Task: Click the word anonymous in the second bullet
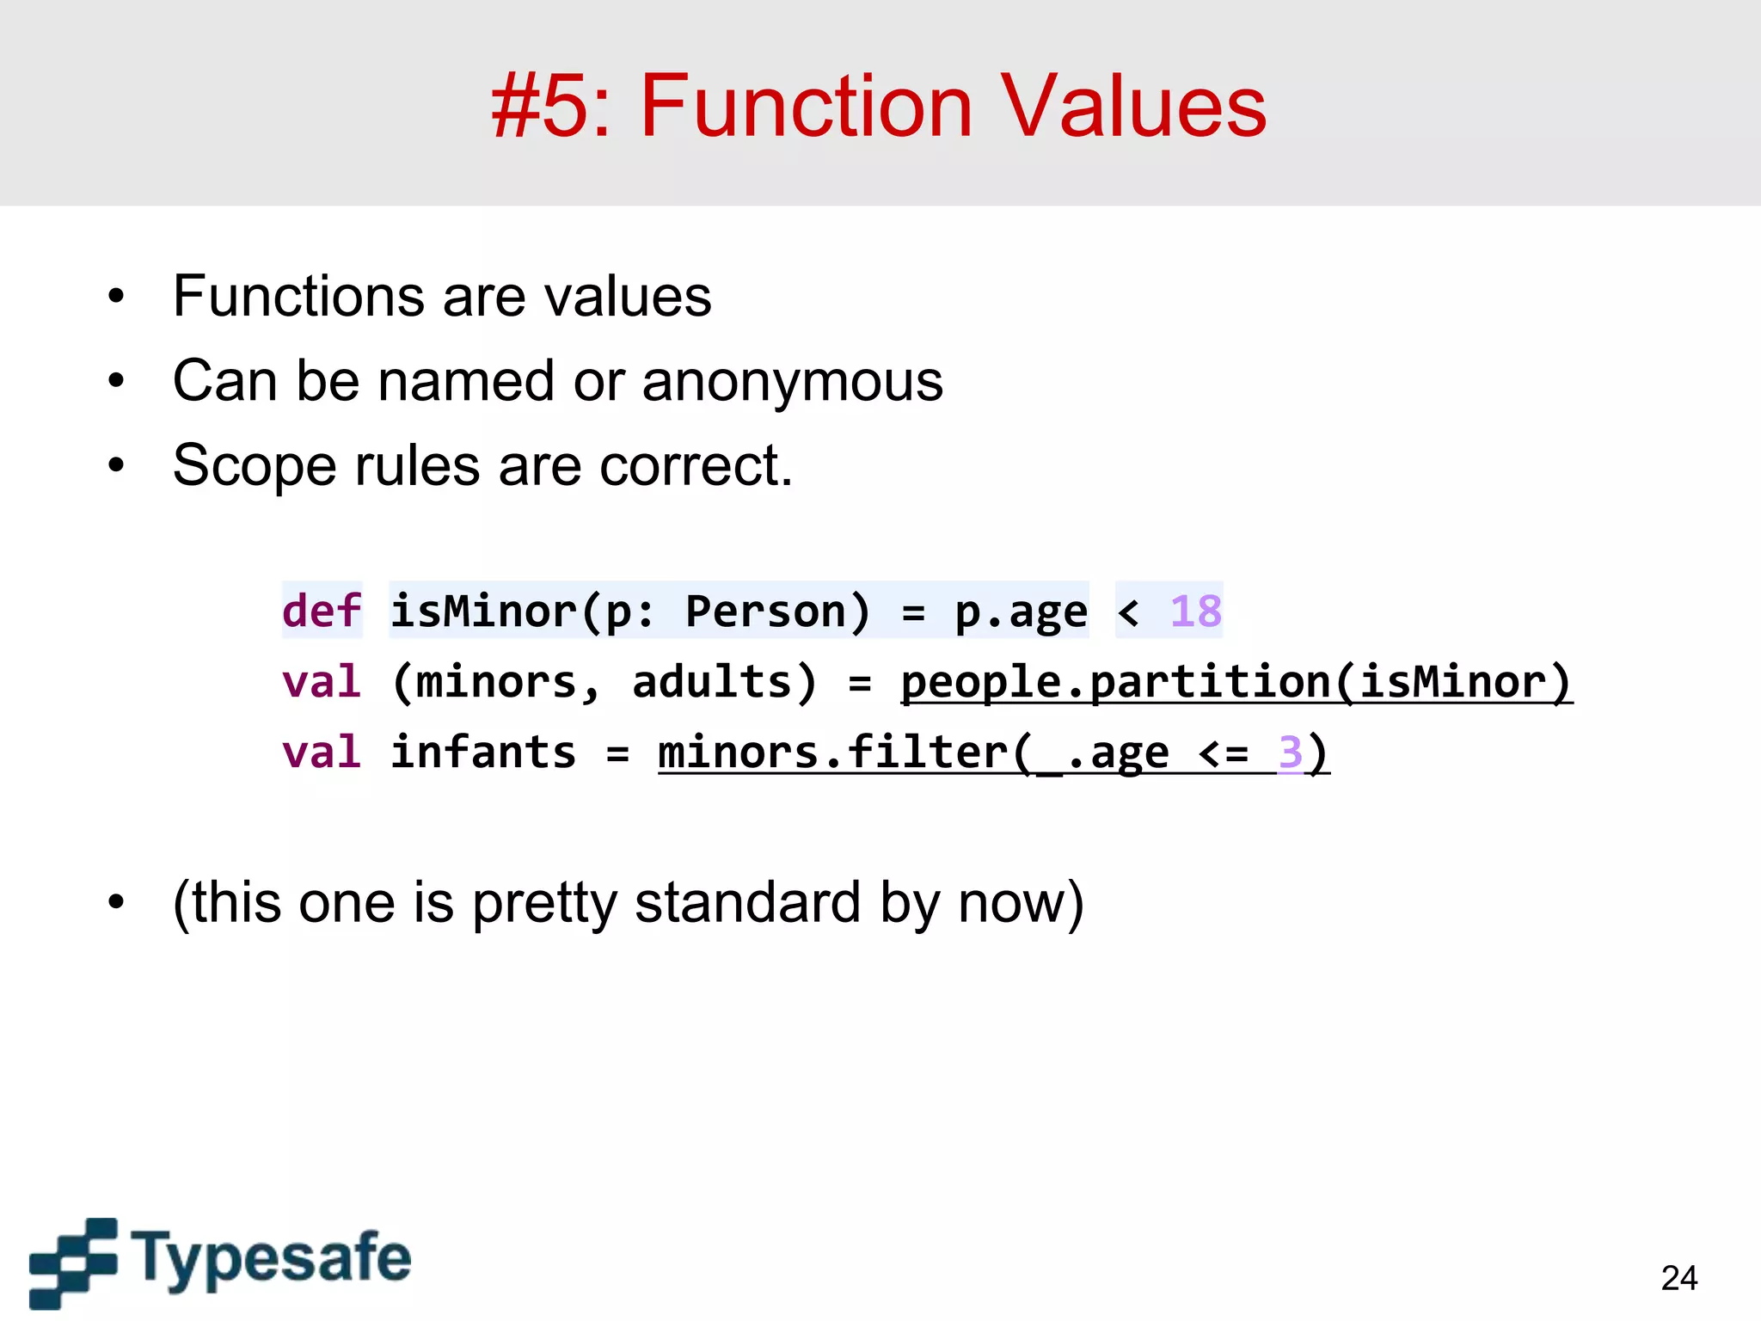(792, 381)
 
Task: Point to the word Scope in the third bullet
(253, 466)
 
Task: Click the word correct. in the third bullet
(696, 466)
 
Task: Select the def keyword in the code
(322, 611)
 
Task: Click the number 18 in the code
(1195, 611)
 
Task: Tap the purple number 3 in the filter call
(1290, 753)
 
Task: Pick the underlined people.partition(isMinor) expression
(1236, 682)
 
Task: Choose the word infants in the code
(483, 753)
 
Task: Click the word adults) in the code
(724, 682)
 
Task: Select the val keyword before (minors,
(322, 682)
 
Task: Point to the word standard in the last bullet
(747, 903)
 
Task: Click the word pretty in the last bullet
(543, 903)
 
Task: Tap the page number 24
(1678, 1278)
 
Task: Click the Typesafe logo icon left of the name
(73, 1263)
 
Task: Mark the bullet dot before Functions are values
(116, 298)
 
